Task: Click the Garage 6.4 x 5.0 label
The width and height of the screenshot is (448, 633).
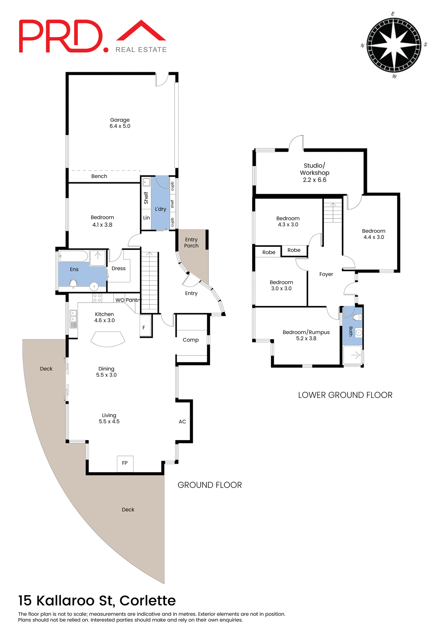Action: pos(120,123)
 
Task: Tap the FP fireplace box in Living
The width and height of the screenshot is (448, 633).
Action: pos(125,463)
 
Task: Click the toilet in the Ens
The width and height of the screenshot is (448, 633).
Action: pos(73,283)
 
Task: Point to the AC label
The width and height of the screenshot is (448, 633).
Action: pos(182,422)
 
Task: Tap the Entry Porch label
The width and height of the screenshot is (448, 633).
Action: pos(191,243)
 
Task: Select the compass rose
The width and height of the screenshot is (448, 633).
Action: pos(394,45)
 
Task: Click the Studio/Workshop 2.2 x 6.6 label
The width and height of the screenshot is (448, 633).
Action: pos(315,173)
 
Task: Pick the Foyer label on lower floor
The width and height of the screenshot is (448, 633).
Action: pos(326,274)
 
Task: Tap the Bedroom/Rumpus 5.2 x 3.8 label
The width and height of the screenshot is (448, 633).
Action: pos(306,335)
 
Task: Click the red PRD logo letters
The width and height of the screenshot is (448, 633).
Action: pos(61,36)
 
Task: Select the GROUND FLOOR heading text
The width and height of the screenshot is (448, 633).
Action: pos(210,485)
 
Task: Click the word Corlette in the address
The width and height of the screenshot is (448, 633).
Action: pos(147,601)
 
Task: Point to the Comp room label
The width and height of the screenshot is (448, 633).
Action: pos(191,340)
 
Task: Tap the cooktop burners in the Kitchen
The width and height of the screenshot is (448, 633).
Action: pos(97,298)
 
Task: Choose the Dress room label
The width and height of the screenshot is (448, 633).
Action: pos(119,269)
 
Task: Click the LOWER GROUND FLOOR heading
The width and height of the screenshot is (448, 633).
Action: pos(345,395)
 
